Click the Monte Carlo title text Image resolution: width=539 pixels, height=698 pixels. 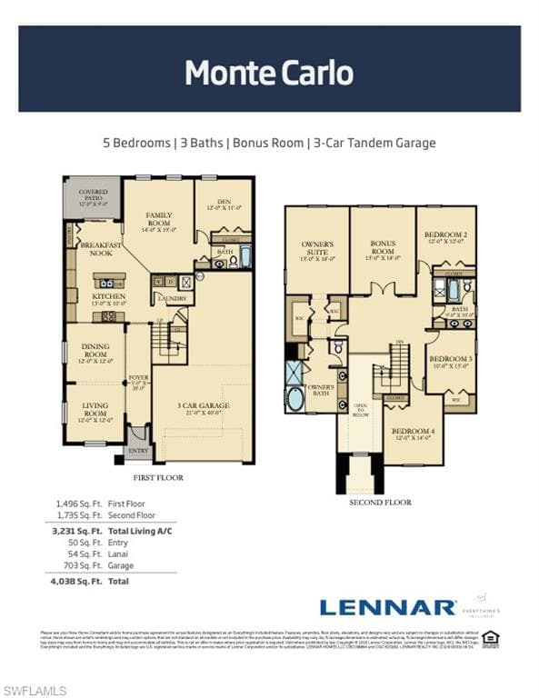click(x=269, y=72)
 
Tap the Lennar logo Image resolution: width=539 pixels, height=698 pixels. click(x=387, y=607)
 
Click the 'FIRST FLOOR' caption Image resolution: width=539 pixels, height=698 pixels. click(x=158, y=477)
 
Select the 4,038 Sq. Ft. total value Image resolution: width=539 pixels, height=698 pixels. click(x=69, y=581)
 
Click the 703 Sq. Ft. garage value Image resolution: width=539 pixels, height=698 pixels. click(x=70, y=565)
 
